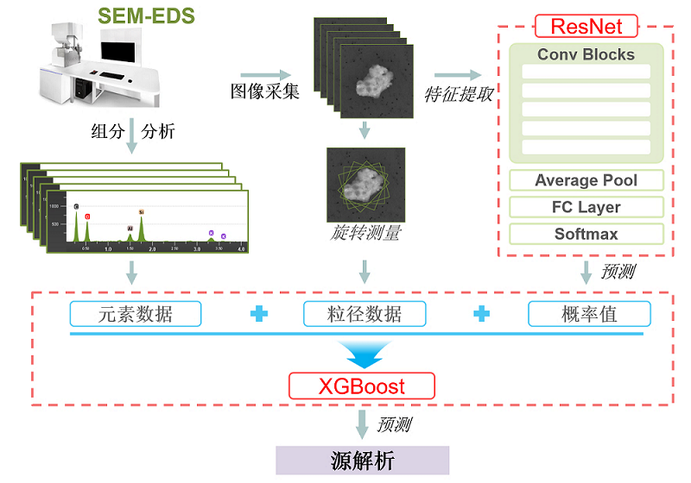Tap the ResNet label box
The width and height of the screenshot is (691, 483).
pyautogui.click(x=586, y=25)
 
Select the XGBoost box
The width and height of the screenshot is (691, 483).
pyautogui.click(x=361, y=385)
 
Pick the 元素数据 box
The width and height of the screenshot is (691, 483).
pyautogui.click(x=136, y=313)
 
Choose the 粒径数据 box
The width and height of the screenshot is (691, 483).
pyautogui.click(x=365, y=313)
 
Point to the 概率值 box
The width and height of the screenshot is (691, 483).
pyautogui.click(x=588, y=313)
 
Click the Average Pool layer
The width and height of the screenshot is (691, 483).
pyautogui.click(x=586, y=180)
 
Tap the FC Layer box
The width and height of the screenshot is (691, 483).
pyautogui.click(x=586, y=207)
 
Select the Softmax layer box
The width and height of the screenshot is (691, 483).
pyautogui.click(x=586, y=234)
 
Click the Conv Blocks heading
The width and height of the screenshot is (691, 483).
pyautogui.click(x=586, y=54)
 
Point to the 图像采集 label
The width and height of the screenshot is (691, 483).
pyautogui.click(x=264, y=92)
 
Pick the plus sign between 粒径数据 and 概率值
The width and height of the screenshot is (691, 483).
pyautogui.click(x=480, y=314)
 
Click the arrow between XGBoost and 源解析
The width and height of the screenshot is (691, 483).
pyautogui.click(x=362, y=423)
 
